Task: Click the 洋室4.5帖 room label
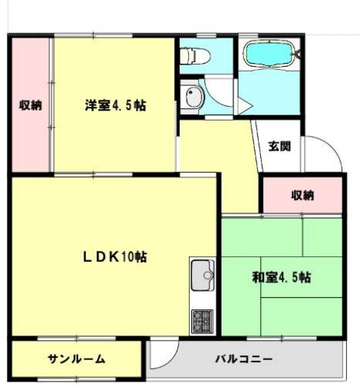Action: pyautogui.click(x=115, y=106)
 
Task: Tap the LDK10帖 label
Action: pyautogui.click(x=115, y=256)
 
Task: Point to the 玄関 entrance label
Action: pyautogui.click(x=279, y=147)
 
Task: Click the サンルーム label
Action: pyautogui.click(x=76, y=359)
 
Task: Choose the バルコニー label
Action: pyautogui.click(x=243, y=359)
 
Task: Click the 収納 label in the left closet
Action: pyautogui.click(x=30, y=106)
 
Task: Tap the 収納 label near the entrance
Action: pyautogui.click(x=302, y=195)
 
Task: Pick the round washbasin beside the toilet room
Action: pyautogui.click(x=192, y=97)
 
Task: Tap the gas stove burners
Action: pyautogui.click(x=202, y=319)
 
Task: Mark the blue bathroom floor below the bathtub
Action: pyautogui.click(x=272, y=96)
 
